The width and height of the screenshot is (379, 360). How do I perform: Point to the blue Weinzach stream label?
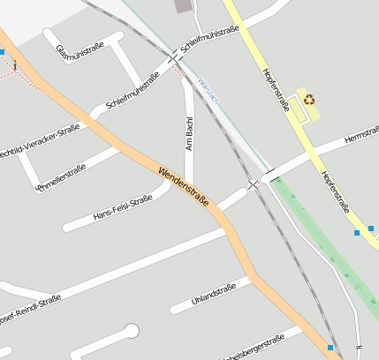pos(208,92)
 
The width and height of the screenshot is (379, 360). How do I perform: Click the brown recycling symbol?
pos(309,100)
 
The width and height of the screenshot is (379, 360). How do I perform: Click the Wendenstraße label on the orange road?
pos(184,185)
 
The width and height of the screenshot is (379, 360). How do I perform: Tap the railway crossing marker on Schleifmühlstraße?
pos(173,59)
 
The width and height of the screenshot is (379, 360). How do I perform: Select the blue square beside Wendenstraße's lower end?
pos(330,348)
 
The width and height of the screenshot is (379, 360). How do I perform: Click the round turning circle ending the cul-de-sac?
pos(132,331)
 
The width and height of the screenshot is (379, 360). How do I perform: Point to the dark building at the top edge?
pos(183,6)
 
